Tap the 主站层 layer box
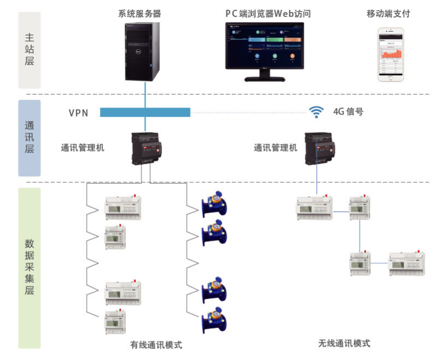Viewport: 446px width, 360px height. (x=30, y=50)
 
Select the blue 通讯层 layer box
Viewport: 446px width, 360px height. (x=30, y=138)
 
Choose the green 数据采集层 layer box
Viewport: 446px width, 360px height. (x=30, y=268)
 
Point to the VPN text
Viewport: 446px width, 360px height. (x=78, y=113)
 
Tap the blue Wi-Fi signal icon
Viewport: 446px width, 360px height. (x=316, y=112)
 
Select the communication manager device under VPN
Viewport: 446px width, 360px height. (x=146, y=148)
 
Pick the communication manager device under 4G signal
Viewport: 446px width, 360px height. (x=320, y=148)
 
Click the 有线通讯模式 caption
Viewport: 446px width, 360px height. (x=156, y=345)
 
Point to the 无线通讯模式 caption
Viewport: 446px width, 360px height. (x=344, y=344)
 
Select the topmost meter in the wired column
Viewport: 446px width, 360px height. (x=123, y=207)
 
